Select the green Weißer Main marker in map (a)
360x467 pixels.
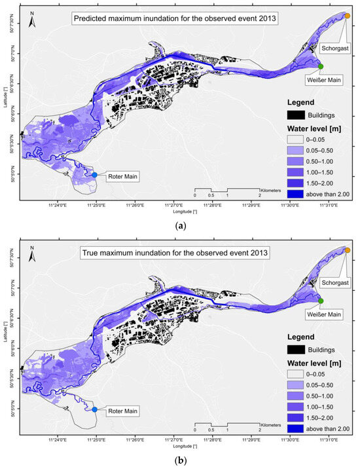coord(321,66)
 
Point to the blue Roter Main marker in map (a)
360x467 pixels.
coord(95,175)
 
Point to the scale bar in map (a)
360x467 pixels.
coord(227,192)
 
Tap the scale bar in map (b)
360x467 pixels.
coord(227,426)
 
